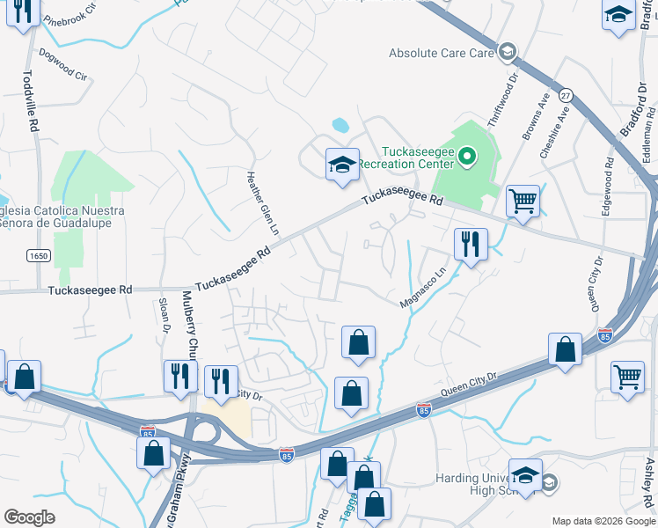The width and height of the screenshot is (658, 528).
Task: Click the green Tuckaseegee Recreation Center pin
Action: pyautogui.click(x=468, y=158)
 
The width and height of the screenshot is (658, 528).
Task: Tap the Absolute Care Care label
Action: pyautogui.click(x=442, y=54)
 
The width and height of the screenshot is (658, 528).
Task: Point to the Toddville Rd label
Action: pyautogui.click(x=27, y=101)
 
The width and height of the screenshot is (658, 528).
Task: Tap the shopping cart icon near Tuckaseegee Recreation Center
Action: pyautogui.click(x=523, y=201)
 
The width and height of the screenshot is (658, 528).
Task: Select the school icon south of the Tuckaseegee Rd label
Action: pyautogui.click(x=343, y=165)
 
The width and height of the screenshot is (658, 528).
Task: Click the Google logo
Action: pyautogui.click(x=29, y=517)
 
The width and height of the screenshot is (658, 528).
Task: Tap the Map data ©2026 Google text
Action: pyautogui.click(x=603, y=521)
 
